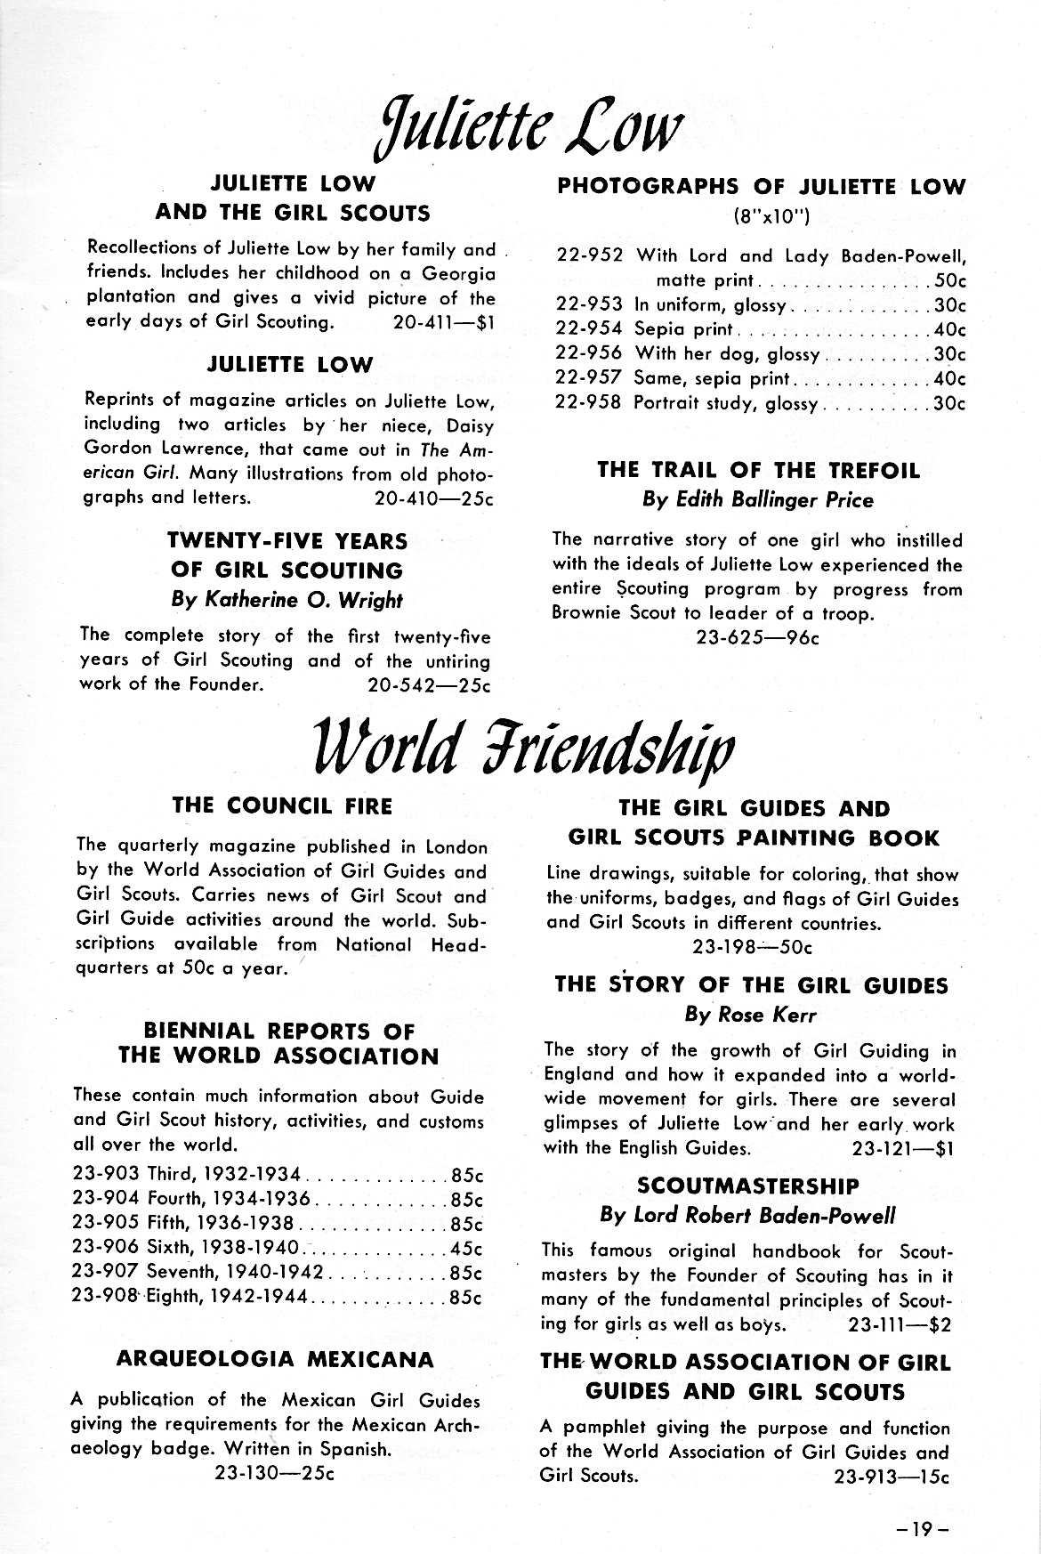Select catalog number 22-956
[588, 354]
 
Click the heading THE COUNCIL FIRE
[282, 805]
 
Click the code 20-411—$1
[442, 322]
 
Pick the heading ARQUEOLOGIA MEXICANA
[276, 1359]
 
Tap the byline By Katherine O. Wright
[286, 600]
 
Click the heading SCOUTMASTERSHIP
[748, 1186]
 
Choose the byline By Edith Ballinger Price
[758, 500]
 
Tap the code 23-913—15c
[892, 1476]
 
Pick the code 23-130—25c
[274, 1473]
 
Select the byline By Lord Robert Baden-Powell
[747, 1215]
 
